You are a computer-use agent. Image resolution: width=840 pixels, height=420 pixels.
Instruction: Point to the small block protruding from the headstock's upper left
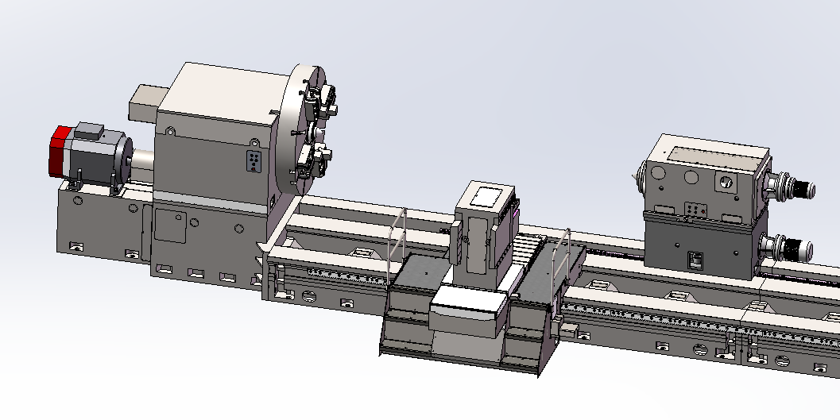(145, 102)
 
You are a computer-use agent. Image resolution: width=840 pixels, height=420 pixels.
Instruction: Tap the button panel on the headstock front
(254, 160)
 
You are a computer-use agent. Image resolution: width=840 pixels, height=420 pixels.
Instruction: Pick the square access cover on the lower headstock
(169, 225)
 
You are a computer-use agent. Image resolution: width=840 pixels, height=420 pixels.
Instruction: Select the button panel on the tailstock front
(697, 210)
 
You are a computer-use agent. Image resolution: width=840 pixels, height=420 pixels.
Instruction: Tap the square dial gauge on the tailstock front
(725, 181)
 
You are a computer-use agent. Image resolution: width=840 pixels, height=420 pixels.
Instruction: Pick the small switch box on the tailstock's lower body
(695, 259)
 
